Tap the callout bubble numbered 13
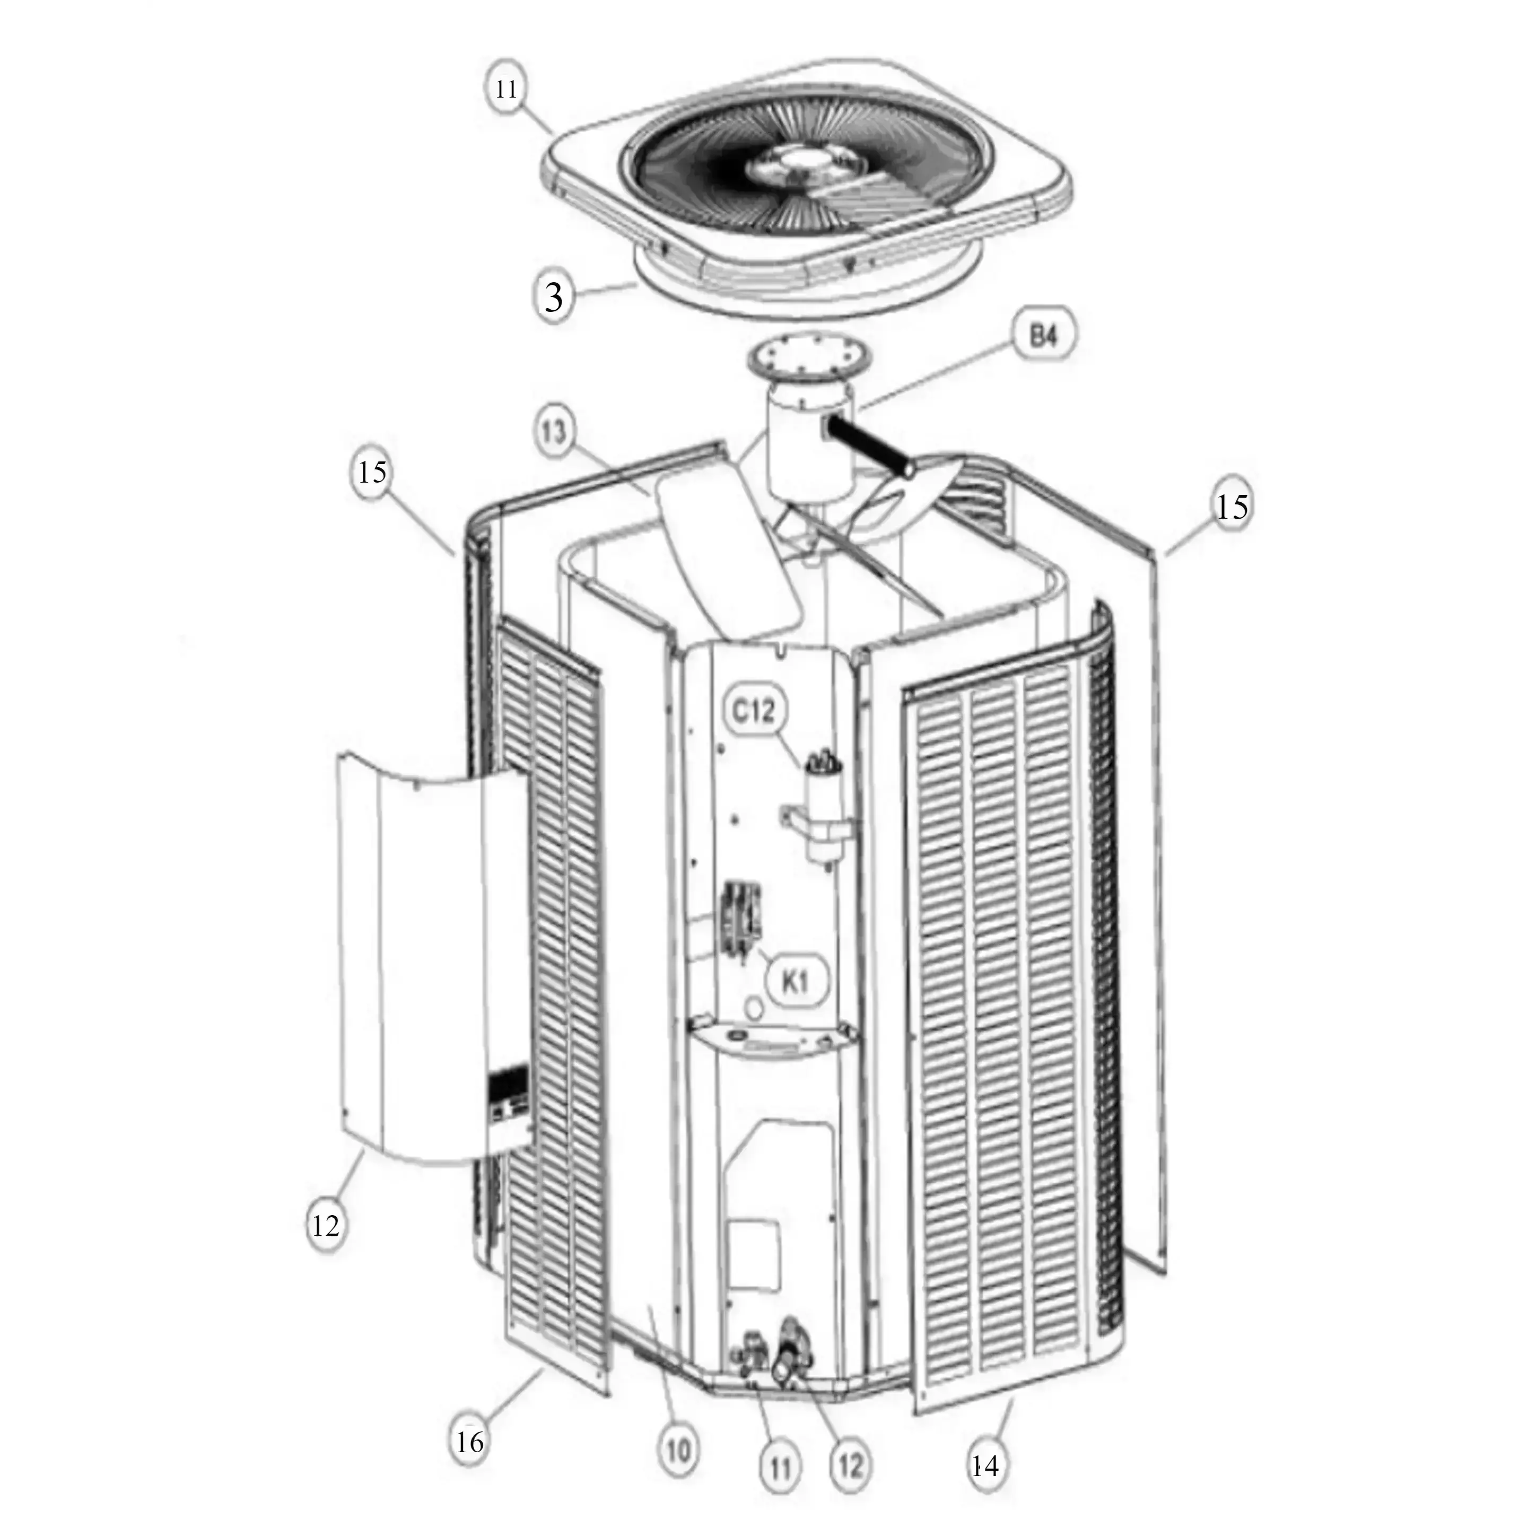[x=556, y=433]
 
